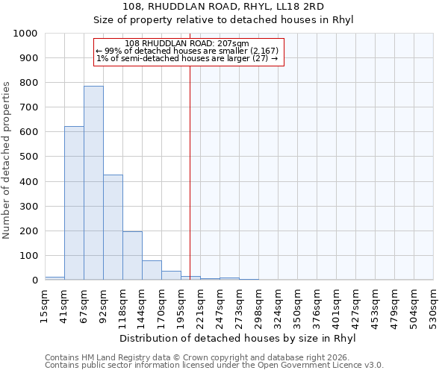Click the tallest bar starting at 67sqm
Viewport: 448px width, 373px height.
[x=93, y=183]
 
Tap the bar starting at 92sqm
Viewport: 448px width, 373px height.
[x=113, y=228]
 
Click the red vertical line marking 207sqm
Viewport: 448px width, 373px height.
[x=190, y=172]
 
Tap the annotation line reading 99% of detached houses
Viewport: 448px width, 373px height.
[x=187, y=51]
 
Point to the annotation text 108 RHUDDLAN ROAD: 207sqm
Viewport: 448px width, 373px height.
[x=187, y=43]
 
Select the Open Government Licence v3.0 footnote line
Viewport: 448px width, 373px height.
[x=214, y=366]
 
